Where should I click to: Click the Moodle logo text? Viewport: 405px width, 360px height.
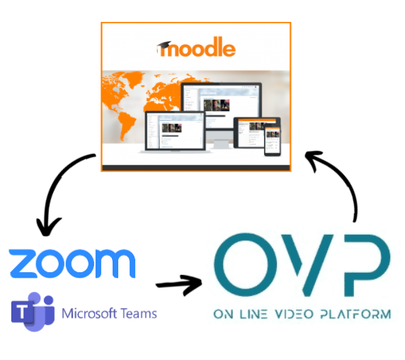tap(196, 47)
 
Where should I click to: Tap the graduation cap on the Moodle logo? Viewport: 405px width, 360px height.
tap(164, 44)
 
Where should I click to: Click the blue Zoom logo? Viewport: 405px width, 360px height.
tap(72, 264)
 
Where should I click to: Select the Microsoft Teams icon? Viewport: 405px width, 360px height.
tap(33, 312)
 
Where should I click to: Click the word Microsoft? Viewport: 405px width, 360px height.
tap(89, 313)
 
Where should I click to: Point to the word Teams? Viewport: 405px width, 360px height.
tap(139, 313)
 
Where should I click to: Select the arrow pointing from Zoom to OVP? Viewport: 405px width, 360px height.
tap(179, 285)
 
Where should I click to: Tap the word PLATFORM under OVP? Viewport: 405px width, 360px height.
tap(355, 314)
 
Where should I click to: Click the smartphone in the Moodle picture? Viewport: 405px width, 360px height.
tap(272, 140)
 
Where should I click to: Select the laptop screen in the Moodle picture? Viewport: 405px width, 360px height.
tap(176, 131)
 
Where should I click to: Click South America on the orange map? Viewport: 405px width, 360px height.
tap(126, 123)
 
